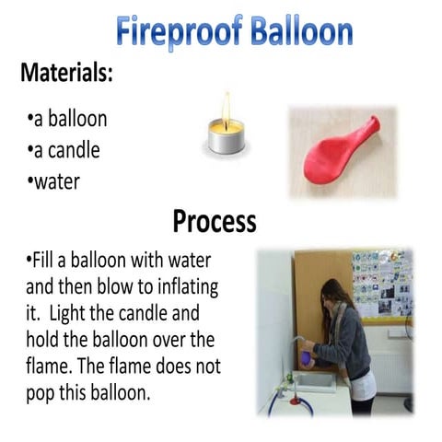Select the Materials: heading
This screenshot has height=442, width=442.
pos(66,74)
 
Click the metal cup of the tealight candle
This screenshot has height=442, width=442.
pos(225,142)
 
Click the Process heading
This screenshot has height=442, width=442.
pos(214,222)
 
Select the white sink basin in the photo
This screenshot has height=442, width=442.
pos(313,380)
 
